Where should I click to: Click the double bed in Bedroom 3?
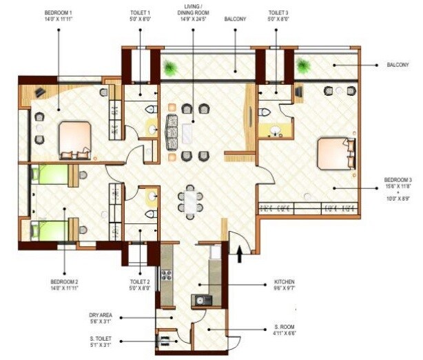pos(336,153)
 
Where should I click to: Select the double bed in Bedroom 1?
pos(74,137)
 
